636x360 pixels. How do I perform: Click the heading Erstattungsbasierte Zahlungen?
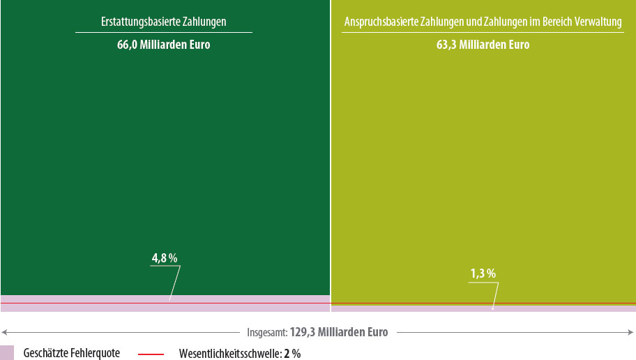tap(163, 22)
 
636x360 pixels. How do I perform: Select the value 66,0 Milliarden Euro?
tap(163, 45)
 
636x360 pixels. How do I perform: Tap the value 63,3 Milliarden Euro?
tap(483, 45)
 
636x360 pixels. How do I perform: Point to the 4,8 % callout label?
tap(165, 258)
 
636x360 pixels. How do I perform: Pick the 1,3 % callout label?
tap(483, 273)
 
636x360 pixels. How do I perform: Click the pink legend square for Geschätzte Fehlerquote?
tap(7, 352)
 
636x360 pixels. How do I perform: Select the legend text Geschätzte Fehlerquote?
tap(71, 353)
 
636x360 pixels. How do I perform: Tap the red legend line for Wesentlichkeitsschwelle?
tap(151, 354)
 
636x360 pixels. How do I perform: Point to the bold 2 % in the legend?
tap(292, 353)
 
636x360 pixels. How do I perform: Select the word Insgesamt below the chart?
tap(266, 332)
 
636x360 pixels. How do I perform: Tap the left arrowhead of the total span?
tap(3, 332)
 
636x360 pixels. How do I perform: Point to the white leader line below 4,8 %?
tap(175, 283)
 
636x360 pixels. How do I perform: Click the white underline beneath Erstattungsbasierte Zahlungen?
tap(163, 32)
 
